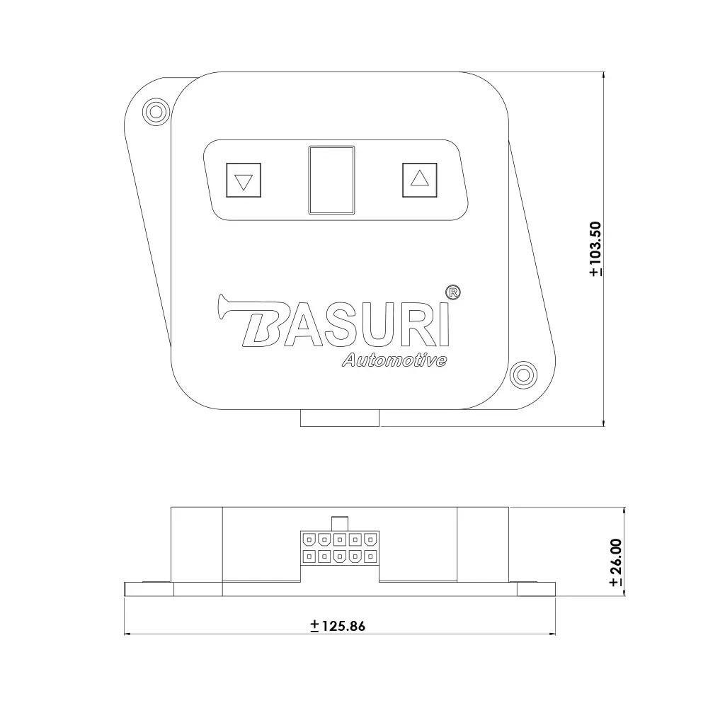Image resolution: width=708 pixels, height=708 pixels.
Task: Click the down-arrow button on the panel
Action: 243,181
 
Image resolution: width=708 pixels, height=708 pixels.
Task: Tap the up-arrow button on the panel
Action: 419,180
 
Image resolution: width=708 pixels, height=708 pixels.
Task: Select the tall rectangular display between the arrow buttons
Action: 331,180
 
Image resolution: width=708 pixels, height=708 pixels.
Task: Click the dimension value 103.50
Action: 595,248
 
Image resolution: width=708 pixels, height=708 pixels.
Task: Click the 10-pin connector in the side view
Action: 338,547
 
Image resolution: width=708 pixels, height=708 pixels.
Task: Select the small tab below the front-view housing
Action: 340,418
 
